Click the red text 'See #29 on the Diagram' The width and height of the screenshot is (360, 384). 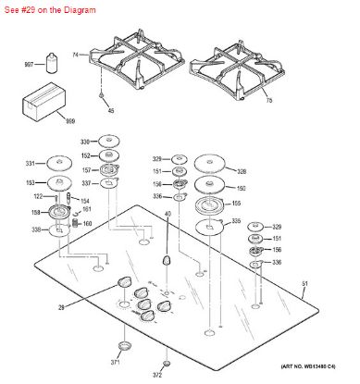tap(43, 6)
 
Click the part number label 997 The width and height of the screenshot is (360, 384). tap(29, 65)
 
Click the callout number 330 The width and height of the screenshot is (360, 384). tap(84, 142)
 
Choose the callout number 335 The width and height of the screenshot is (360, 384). tap(237, 221)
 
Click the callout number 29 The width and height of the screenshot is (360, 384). tap(88, 306)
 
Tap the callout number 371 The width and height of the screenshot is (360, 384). tap(115, 365)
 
